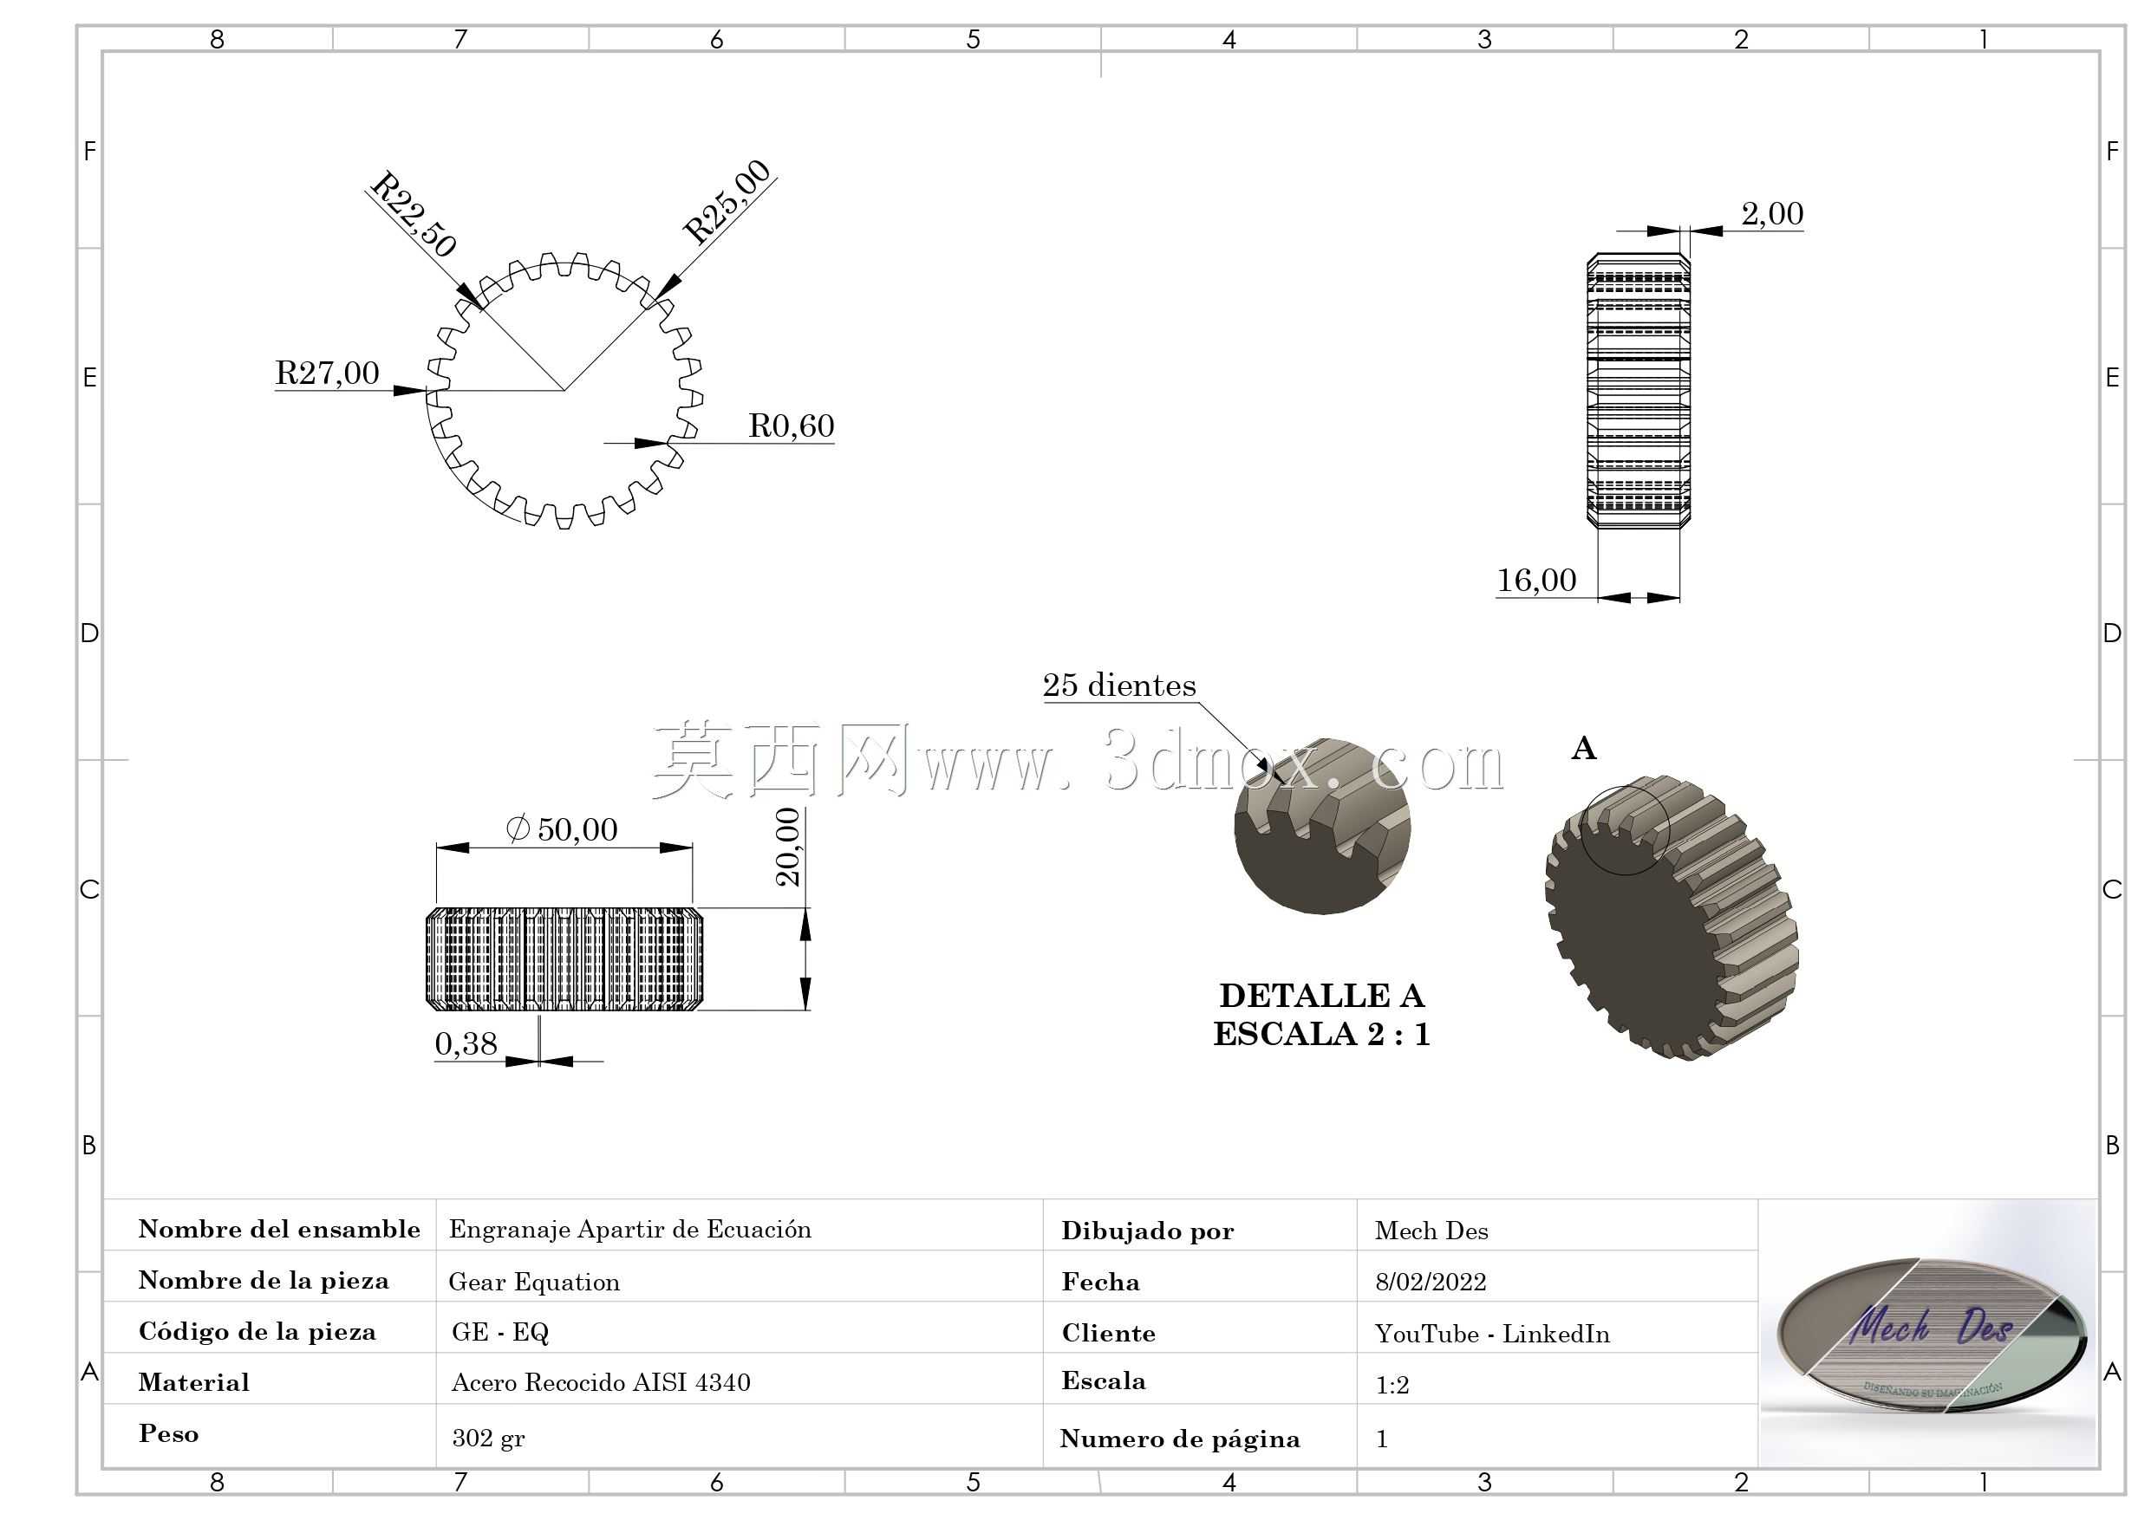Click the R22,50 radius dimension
point(414,213)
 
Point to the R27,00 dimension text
point(327,373)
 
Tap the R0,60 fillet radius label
point(792,425)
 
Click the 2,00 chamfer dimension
point(1772,213)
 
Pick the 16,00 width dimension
point(1536,580)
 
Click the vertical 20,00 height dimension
point(789,847)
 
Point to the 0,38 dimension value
point(466,1043)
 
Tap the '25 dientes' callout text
point(1119,685)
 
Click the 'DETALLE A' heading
point(1321,996)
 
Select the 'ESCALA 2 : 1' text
point(1321,1034)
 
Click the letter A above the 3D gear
point(1583,748)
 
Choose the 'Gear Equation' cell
point(534,1282)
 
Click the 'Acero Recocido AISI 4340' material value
point(601,1382)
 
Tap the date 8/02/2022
point(1431,1282)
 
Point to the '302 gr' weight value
point(488,1438)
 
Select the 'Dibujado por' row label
point(1148,1231)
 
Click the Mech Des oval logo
point(1932,1334)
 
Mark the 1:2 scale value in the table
point(1392,1384)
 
